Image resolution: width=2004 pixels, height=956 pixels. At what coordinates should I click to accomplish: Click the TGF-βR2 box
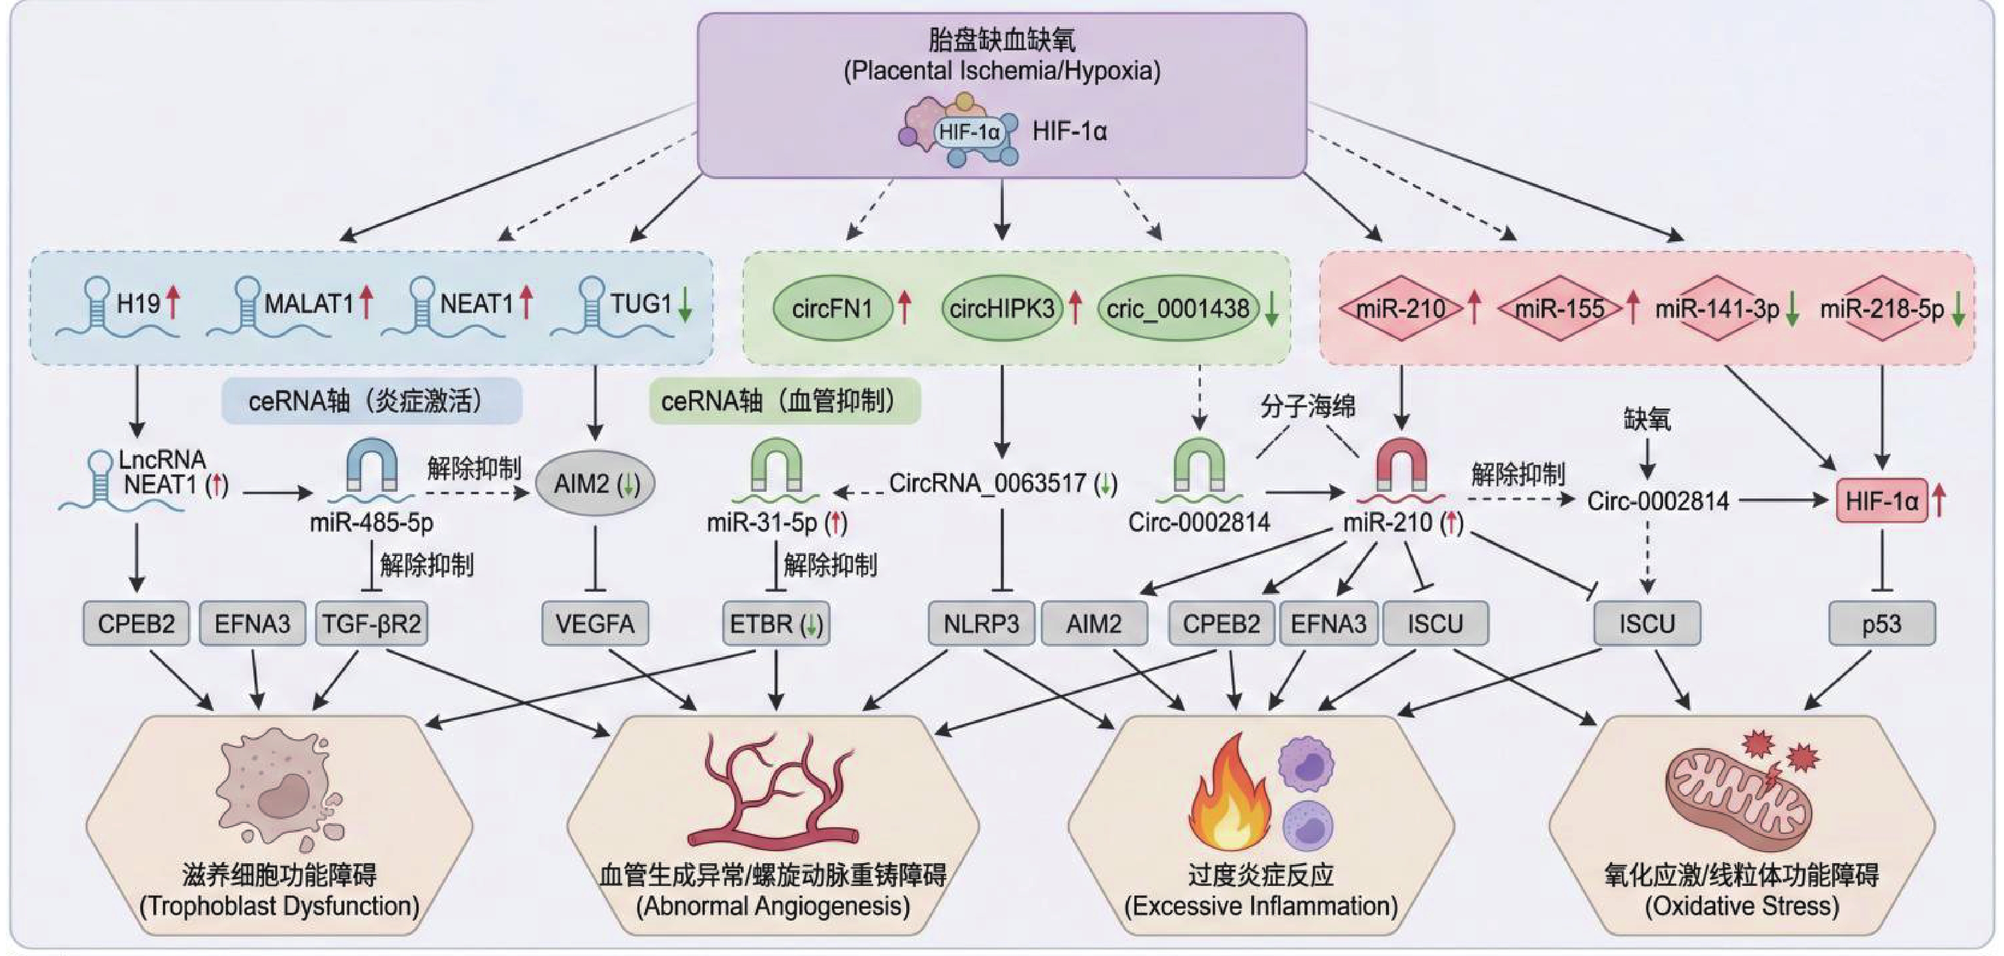point(372,624)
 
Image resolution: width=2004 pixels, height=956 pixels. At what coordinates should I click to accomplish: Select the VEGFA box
point(595,624)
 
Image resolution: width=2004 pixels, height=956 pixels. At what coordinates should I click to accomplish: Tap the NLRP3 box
point(981,624)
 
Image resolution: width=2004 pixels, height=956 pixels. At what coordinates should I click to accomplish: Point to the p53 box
point(1881,624)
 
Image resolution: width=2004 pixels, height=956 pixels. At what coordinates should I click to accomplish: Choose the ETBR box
point(776,624)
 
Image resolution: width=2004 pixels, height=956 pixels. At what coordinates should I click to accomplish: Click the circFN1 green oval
point(832,309)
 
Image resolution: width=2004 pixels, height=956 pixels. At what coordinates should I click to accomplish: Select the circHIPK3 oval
point(1002,309)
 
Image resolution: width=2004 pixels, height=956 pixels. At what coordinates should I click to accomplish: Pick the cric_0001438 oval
point(1178,309)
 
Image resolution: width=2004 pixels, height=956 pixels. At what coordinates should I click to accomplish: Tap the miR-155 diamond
point(1560,309)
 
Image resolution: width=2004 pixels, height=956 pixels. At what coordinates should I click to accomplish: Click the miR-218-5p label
point(1881,309)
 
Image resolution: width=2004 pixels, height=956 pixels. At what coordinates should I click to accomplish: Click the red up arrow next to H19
point(172,302)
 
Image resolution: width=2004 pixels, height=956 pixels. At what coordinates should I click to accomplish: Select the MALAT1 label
point(309,303)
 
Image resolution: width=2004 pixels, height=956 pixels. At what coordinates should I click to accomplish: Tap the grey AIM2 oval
point(595,484)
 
